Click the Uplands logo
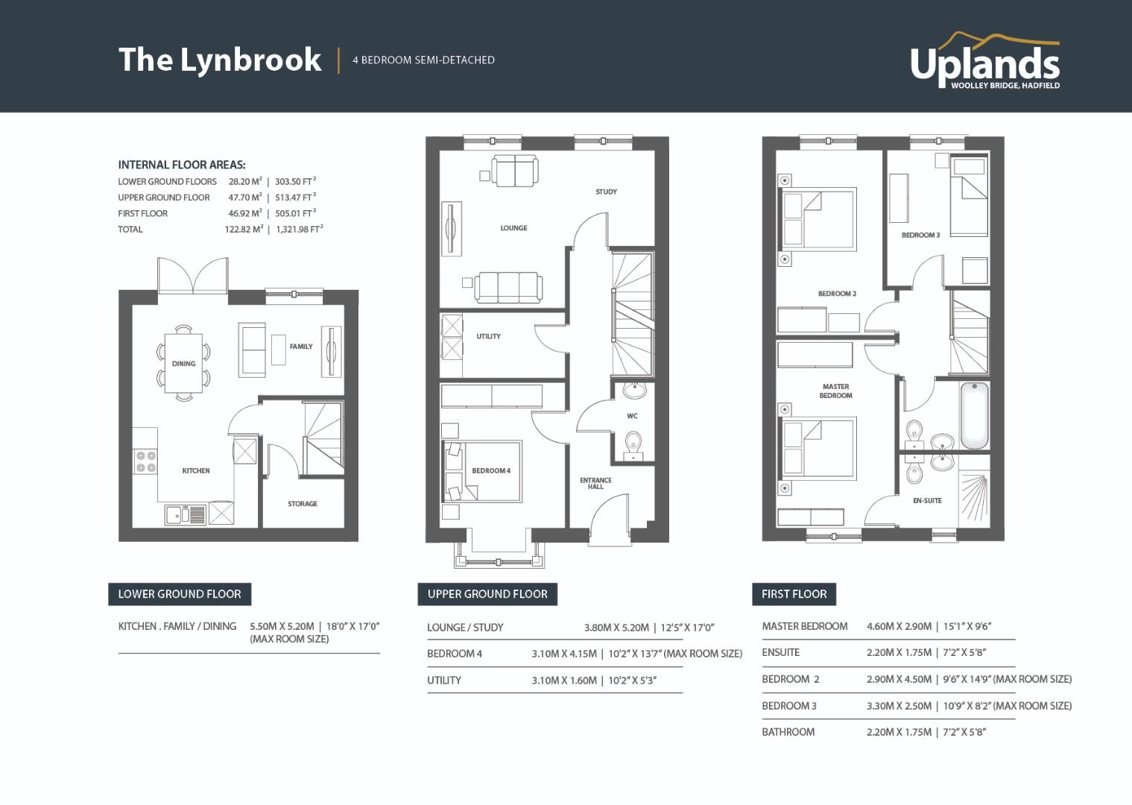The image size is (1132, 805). (984, 61)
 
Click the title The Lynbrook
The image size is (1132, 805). (220, 60)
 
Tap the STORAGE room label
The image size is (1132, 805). (303, 504)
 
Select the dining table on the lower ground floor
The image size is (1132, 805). (183, 363)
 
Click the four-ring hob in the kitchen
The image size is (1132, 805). (145, 462)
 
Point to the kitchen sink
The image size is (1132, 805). (185, 514)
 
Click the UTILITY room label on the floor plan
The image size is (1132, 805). (488, 336)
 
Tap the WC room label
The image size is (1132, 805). (632, 416)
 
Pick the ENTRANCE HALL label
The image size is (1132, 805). (596, 483)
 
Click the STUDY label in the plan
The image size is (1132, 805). (606, 192)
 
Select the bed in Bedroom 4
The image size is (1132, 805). (482, 472)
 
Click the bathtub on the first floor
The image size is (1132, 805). (974, 415)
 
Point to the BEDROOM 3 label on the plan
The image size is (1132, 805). (921, 235)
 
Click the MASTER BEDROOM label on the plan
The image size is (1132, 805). (835, 391)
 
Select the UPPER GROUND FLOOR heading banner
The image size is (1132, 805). (487, 594)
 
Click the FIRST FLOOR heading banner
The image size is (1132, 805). (794, 594)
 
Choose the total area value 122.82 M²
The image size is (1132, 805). (244, 229)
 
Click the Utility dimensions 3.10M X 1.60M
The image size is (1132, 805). (564, 681)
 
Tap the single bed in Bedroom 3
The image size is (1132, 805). (969, 196)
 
